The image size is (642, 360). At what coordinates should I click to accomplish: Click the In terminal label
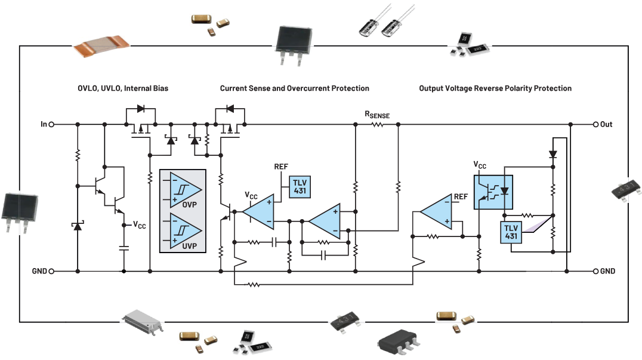44,124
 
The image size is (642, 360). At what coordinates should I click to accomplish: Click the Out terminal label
606,124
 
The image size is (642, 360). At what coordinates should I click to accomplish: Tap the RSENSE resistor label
377,115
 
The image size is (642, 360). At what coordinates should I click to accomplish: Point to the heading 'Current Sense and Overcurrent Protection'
294,88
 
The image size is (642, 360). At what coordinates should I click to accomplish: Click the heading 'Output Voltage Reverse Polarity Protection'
495,88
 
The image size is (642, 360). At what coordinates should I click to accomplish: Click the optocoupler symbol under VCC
493,192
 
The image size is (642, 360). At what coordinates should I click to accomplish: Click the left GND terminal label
39,271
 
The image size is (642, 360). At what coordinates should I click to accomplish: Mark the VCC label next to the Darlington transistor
139,225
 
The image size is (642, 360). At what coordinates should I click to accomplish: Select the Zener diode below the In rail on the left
78,227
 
